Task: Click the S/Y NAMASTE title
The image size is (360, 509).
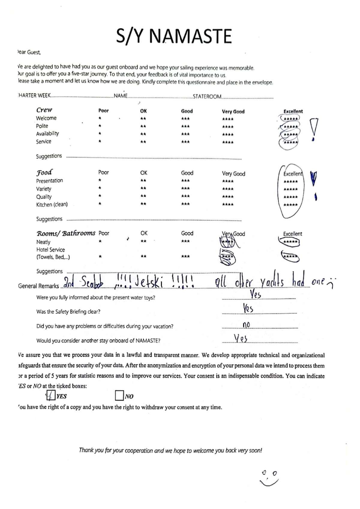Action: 174,36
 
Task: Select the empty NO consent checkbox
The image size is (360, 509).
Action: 119,396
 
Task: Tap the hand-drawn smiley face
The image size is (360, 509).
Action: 269,478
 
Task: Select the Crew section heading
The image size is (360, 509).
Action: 44,110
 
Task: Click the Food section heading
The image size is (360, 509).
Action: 44,172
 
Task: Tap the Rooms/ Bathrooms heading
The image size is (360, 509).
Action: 66,233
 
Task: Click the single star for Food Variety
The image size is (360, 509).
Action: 100,188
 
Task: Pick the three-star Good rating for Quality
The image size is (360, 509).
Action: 185,196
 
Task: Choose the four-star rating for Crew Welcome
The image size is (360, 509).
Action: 228,119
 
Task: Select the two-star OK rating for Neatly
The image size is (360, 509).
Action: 143,241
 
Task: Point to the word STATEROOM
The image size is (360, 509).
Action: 207,97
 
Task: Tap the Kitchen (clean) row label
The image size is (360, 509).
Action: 52,204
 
